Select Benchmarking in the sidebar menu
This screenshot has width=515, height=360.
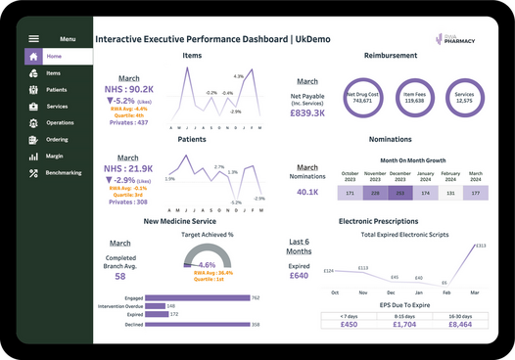pyautogui.click(x=63, y=172)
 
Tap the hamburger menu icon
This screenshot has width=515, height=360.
pyautogui.click(x=33, y=39)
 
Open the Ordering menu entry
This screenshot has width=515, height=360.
pyautogui.click(x=57, y=139)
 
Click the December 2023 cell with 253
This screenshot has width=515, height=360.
pyautogui.click(x=399, y=194)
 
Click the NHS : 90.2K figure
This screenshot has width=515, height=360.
pyautogui.click(x=127, y=89)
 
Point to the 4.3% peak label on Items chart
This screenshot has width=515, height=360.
pyautogui.click(x=238, y=75)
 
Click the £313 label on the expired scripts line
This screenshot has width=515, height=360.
pyautogui.click(x=480, y=246)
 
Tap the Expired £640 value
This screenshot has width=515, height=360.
pyautogui.click(x=300, y=276)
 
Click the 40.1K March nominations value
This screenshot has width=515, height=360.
pyautogui.click(x=306, y=192)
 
